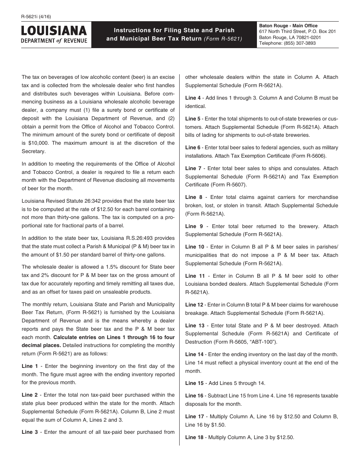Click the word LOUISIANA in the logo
54,31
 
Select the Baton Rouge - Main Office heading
288,26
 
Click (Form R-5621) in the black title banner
222,39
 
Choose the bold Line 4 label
193,98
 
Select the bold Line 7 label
194,168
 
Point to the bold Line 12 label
194,305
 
